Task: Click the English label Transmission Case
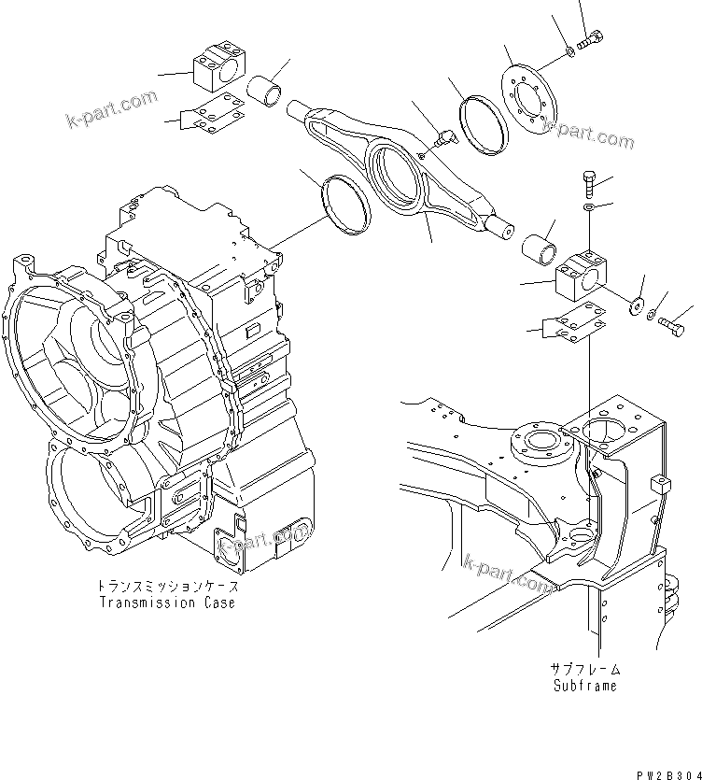tap(166, 603)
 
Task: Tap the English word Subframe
tap(583, 685)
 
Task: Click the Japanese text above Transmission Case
tap(166, 587)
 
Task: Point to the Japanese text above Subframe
tap(584, 670)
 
